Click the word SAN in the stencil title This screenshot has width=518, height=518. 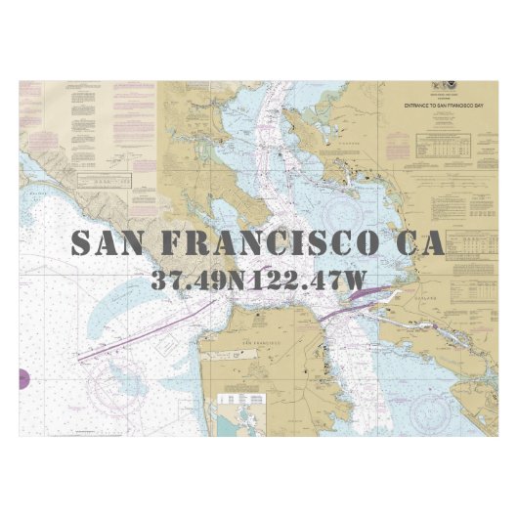point(109,242)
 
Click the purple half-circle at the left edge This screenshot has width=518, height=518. point(23,377)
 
